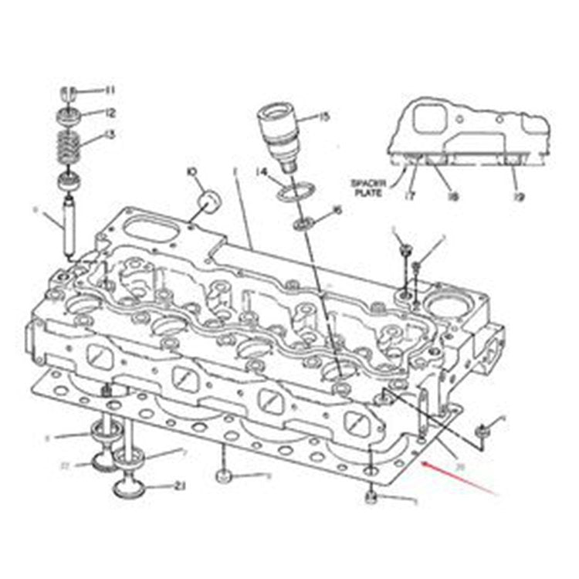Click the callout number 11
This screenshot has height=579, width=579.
pos(110,90)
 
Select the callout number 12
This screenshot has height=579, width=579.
pos(110,113)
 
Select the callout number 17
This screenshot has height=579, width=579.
pos(409,197)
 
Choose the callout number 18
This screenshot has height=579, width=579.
pos(452,197)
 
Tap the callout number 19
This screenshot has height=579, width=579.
pos(519,197)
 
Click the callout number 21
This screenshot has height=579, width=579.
pos(181,485)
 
